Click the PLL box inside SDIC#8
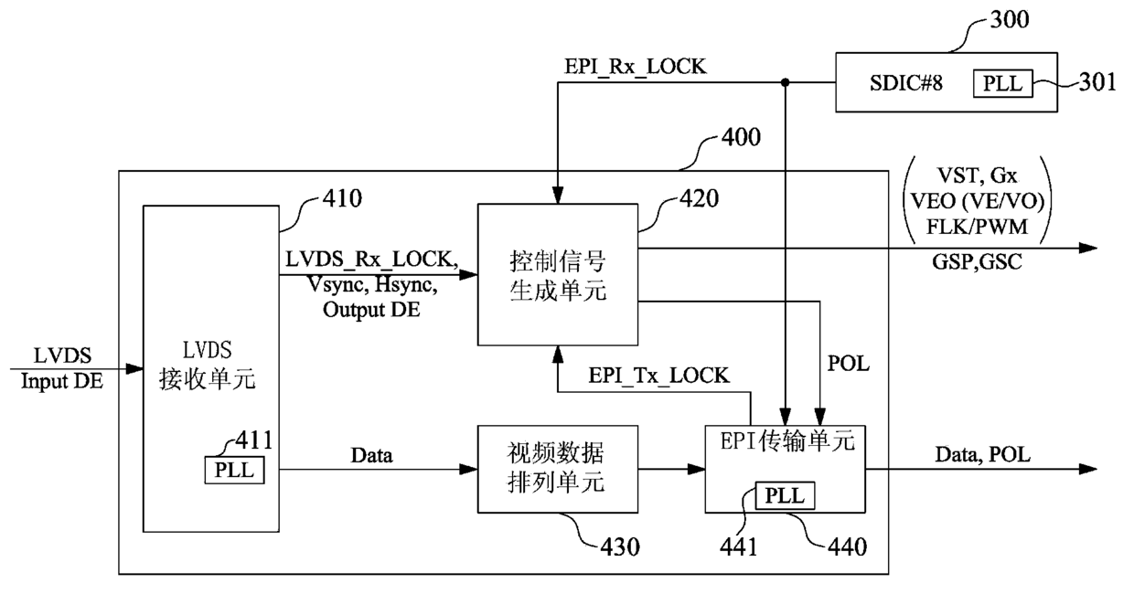click(1002, 83)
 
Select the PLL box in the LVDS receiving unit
click(234, 470)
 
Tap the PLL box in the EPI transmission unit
click(785, 495)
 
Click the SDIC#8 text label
click(906, 83)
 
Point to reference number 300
click(1010, 20)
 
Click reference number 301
click(1097, 82)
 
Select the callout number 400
click(741, 137)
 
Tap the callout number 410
click(342, 198)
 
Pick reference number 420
click(699, 198)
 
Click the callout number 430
click(620, 547)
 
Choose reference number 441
click(739, 547)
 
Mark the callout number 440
click(848, 547)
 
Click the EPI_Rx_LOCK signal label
click(636, 68)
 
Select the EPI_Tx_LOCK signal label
click(658, 376)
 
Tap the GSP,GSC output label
click(977, 262)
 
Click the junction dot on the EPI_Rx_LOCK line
click(786, 82)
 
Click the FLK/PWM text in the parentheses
click(977, 227)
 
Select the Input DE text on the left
click(62, 381)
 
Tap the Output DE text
click(371, 310)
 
